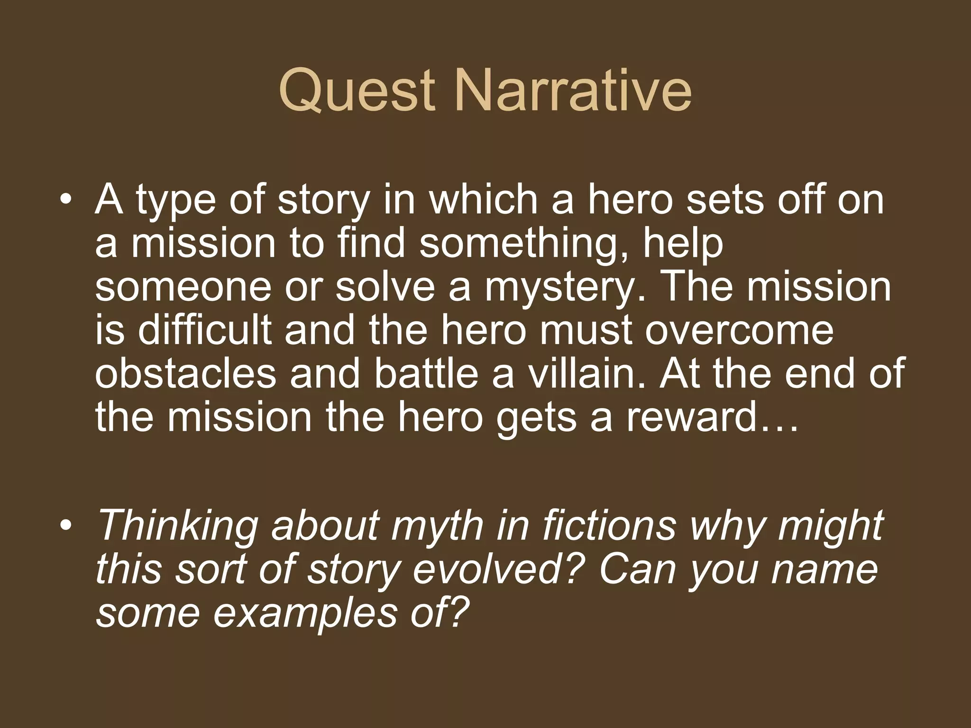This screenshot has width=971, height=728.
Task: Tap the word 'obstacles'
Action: tap(185, 373)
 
